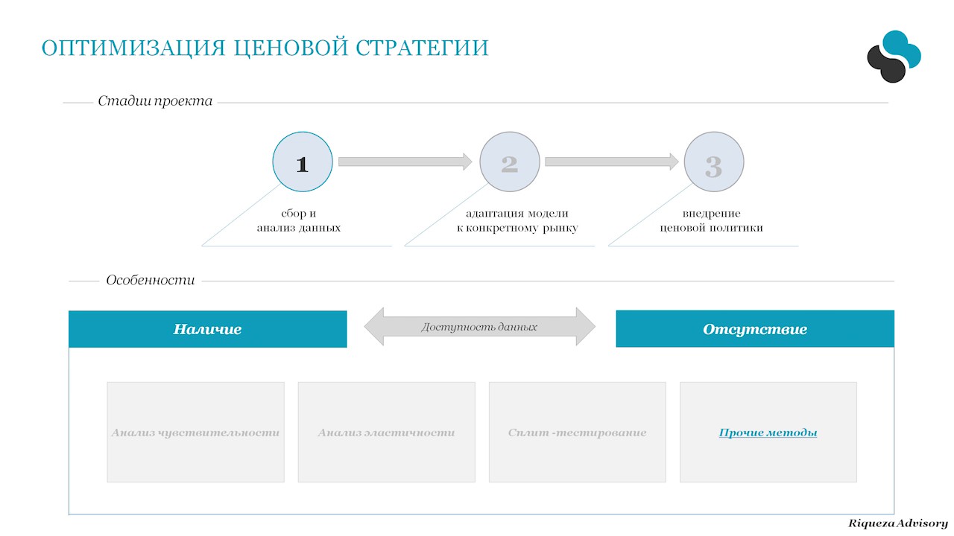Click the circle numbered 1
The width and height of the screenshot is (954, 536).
point(303,163)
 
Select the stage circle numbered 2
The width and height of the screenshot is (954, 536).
point(509,163)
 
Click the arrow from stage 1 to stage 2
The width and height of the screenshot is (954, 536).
point(405,162)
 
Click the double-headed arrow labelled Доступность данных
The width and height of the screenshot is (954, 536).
point(479,327)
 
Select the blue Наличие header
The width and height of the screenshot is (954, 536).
point(207,329)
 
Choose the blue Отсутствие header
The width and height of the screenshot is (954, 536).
point(754,329)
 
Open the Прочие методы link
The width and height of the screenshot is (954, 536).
point(768,433)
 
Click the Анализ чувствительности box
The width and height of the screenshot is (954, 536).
point(195,432)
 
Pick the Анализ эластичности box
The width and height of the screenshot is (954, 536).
point(386,432)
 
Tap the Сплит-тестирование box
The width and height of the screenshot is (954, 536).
point(577,432)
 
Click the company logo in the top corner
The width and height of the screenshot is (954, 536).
point(894,56)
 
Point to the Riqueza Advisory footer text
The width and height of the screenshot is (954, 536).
point(897,523)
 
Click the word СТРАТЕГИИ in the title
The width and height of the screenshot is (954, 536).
point(422,48)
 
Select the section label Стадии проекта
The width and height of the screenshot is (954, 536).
point(155,101)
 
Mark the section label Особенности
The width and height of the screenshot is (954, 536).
point(151,281)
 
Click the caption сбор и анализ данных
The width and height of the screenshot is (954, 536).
point(299,220)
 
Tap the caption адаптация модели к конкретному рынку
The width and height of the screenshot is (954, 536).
point(517,220)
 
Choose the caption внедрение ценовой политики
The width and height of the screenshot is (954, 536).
point(711,220)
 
